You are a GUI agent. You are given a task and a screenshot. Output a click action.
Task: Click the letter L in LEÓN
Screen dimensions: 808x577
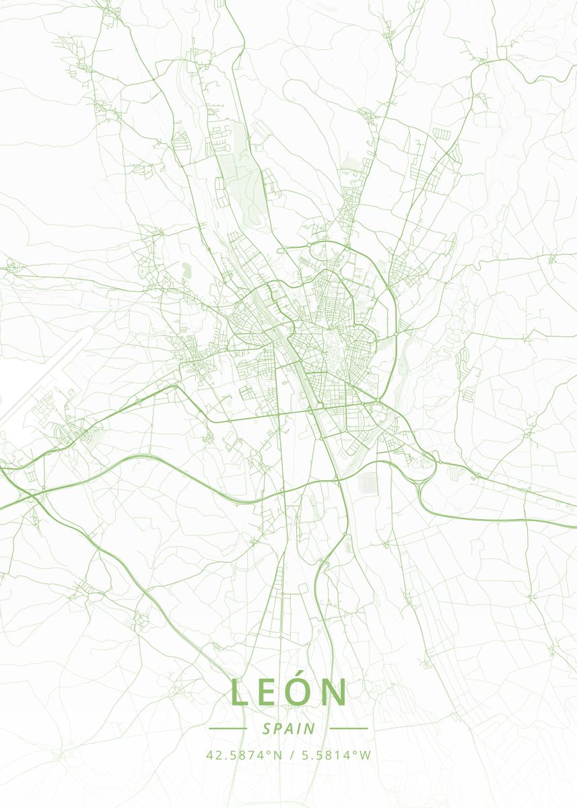(239, 693)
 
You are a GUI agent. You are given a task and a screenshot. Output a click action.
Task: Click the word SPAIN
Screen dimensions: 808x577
(289, 729)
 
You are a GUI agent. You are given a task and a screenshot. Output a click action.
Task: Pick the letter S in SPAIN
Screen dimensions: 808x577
(267, 729)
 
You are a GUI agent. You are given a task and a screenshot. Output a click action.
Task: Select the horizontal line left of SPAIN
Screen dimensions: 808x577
(228, 728)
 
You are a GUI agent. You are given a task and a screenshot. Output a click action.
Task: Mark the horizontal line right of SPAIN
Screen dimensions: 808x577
(349, 728)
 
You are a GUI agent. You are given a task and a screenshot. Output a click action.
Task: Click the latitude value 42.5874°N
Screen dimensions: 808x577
(244, 755)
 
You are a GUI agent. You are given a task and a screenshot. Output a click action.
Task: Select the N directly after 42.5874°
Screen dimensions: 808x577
(277, 755)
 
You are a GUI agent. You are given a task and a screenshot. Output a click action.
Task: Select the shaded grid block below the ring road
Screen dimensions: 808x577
(369, 481)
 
